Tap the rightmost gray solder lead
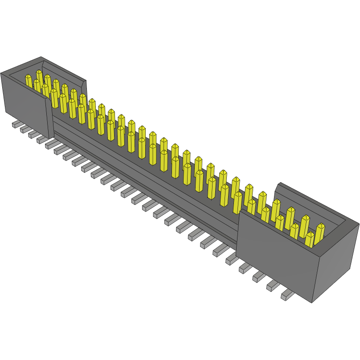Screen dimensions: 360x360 click(286, 295)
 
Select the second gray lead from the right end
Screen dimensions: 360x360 click(272, 286)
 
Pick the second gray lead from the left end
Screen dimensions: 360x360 click(24, 129)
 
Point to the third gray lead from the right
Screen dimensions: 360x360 click(258, 277)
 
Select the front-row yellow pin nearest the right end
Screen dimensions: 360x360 click(309, 239)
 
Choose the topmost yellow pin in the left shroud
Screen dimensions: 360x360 click(39, 76)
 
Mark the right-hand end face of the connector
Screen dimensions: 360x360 click(336, 263)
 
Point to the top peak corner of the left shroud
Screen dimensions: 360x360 click(41, 57)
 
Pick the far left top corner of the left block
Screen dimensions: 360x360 click(1, 73)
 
